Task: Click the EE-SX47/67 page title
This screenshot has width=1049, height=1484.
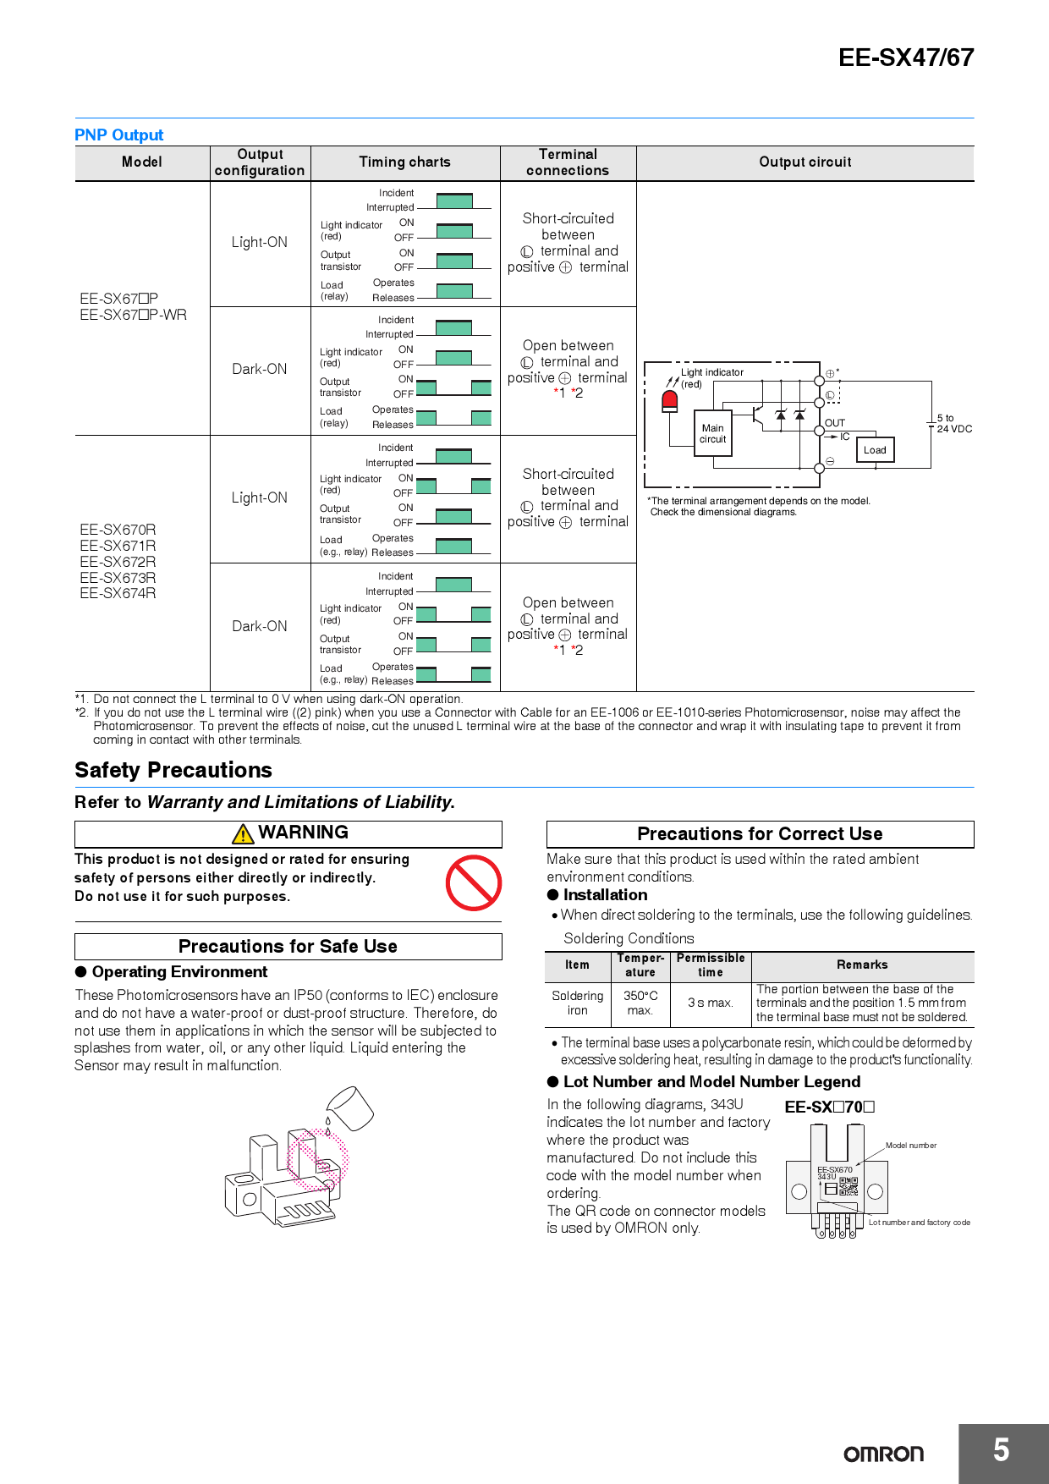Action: pyautogui.click(x=905, y=58)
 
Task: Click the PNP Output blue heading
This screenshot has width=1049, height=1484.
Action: pyautogui.click(x=118, y=135)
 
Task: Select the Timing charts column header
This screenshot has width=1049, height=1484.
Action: pyautogui.click(x=404, y=162)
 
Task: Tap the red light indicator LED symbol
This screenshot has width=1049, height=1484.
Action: pyautogui.click(x=670, y=400)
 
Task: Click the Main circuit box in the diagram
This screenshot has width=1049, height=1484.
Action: pyautogui.click(x=712, y=433)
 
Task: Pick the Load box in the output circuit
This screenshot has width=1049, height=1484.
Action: pyautogui.click(x=875, y=450)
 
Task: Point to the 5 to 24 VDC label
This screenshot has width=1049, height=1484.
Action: pyautogui.click(x=953, y=424)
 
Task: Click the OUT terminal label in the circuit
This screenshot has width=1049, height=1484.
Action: pyautogui.click(x=834, y=423)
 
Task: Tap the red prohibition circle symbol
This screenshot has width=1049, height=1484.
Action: pyautogui.click(x=474, y=882)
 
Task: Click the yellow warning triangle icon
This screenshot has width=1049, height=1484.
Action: pyautogui.click(x=243, y=834)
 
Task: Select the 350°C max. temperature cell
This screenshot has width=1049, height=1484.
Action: pyautogui.click(x=640, y=1003)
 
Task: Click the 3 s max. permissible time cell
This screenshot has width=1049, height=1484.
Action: pyautogui.click(x=710, y=1003)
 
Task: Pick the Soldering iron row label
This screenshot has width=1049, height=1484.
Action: pyautogui.click(x=578, y=1003)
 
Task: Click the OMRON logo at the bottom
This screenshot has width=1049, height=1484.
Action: pyautogui.click(x=883, y=1454)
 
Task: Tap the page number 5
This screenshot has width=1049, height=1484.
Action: pyautogui.click(x=1002, y=1450)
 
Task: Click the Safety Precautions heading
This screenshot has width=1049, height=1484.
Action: pyautogui.click(x=173, y=770)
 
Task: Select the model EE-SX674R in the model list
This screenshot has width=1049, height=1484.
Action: pyautogui.click(x=118, y=594)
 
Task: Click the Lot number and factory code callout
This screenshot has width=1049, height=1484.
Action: pyautogui.click(x=919, y=1223)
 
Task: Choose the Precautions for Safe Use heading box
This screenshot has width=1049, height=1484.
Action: pyautogui.click(x=288, y=947)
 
